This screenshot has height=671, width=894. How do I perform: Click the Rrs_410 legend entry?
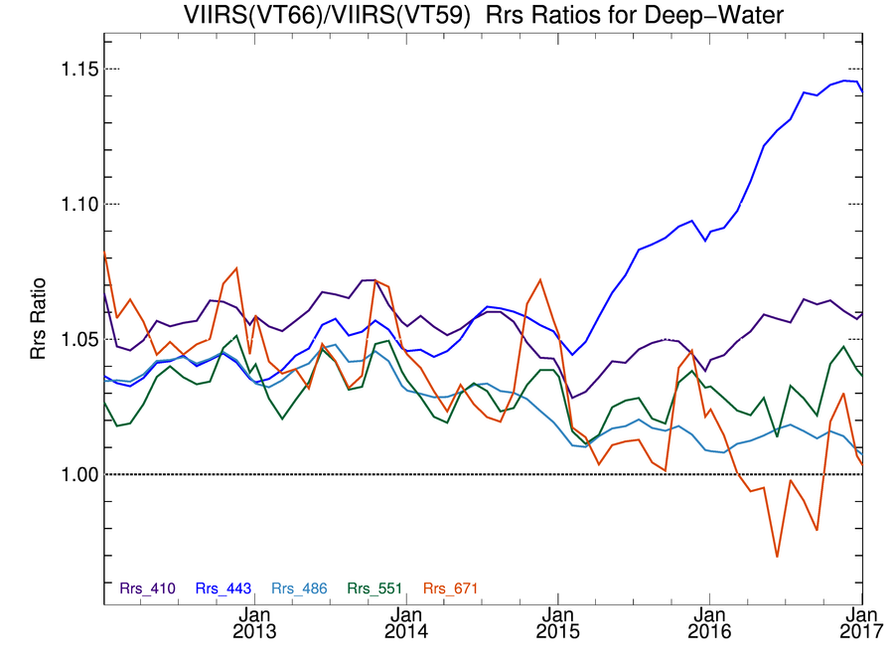(x=147, y=588)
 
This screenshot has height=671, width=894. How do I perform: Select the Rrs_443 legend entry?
(x=223, y=588)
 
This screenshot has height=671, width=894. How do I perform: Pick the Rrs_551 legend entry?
(x=375, y=588)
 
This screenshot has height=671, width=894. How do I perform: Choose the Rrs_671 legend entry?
(x=451, y=588)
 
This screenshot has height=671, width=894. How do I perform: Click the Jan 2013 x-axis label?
(x=256, y=621)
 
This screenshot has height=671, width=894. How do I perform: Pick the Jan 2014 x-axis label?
(x=406, y=621)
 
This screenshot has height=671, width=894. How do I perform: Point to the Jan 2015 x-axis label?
(x=557, y=621)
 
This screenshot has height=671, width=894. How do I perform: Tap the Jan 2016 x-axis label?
(x=708, y=621)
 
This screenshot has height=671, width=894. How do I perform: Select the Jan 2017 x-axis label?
(x=860, y=621)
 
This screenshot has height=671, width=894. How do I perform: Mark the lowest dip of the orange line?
(x=777, y=557)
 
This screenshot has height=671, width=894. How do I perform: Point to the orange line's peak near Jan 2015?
(x=539, y=279)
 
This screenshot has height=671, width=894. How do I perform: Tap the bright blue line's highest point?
(x=844, y=81)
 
